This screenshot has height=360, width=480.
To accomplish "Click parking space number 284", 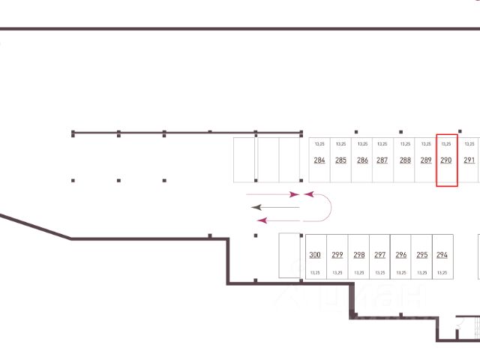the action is click(319, 160).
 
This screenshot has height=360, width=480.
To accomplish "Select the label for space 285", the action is click(340, 160).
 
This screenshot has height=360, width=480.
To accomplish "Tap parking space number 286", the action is click(362, 160).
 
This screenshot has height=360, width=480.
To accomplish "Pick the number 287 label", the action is click(382, 160).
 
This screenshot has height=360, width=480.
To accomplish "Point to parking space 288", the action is click(405, 160).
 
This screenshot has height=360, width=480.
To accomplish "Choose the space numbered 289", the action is click(426, 160).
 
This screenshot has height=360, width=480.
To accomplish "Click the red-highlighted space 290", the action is click(446, 160).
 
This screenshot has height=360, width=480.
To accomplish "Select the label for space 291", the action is click(469, 160).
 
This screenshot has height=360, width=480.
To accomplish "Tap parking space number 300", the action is click(315, 255).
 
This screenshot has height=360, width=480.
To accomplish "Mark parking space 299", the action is click(337, 255).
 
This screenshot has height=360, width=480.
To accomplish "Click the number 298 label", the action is click(358, 255).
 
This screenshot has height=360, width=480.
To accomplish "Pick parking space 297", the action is click(379, 255).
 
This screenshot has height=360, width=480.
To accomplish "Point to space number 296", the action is click(400, 255).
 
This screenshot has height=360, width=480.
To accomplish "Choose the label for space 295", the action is click(421, 255).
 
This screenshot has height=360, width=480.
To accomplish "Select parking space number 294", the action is click(442, 255).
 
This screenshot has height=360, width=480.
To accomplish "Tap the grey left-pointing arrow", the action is click(274, 206).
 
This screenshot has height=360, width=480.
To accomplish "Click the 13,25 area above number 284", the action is click(319, 143).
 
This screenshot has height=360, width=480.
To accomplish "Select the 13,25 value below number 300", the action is click(315, 273).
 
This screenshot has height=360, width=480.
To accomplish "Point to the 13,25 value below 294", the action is click(442, 273).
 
